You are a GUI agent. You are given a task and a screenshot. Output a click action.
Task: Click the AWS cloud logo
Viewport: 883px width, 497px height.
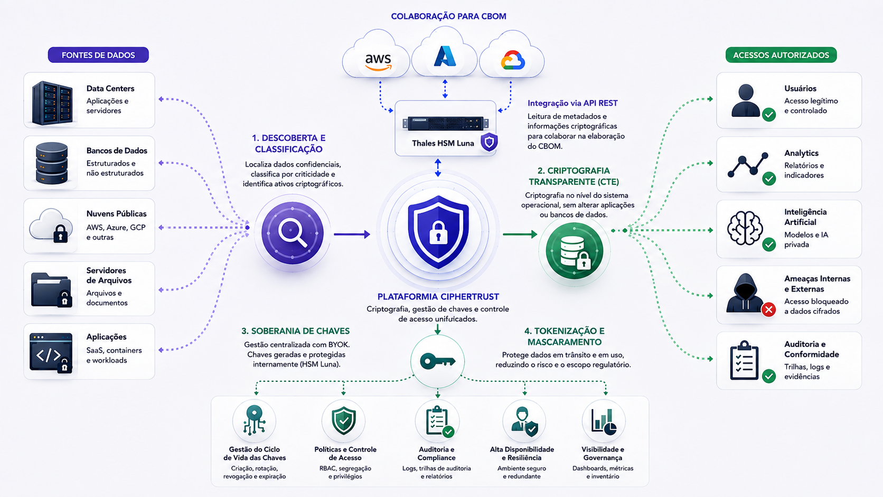(x=378, y=62)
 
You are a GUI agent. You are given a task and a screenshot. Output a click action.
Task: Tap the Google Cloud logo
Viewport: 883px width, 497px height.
(x=512, y=60)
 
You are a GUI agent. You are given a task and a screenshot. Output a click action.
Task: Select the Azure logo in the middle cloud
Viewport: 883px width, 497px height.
(x=445, y=57)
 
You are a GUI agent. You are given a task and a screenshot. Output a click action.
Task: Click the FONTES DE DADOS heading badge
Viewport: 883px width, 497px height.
(x=98, y=55)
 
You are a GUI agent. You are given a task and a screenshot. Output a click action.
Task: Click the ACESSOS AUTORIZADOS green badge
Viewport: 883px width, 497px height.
(x=781, y=55)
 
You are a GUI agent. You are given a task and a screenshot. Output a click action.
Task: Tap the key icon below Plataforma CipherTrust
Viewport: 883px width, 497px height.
(x=438, y=361)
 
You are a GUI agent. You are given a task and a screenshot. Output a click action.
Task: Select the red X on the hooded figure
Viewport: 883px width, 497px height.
(x=768, y=310)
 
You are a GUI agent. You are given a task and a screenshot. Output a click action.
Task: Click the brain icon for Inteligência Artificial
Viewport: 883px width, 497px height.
(x=745, y=228)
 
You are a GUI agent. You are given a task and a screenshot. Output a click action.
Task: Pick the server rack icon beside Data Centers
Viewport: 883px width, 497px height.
(x=52, y=102)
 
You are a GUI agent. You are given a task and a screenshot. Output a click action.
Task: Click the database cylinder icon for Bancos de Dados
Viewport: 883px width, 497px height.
(x=52, y=163)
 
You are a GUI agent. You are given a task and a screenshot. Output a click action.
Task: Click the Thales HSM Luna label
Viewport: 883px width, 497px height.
(x=443, y=143)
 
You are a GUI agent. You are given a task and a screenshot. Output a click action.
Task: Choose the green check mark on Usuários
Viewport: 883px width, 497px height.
(x=769, y=115)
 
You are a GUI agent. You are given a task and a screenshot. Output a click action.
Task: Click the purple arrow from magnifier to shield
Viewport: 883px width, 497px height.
(x=352, y=235)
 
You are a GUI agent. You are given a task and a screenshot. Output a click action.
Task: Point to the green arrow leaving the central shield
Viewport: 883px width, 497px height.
(x=520, y=235)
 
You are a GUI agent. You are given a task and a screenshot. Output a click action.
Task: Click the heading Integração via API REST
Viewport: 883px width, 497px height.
(x=572, y=104)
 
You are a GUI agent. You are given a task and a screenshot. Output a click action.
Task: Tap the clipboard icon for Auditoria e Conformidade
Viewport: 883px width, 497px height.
(x=744, y=360)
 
